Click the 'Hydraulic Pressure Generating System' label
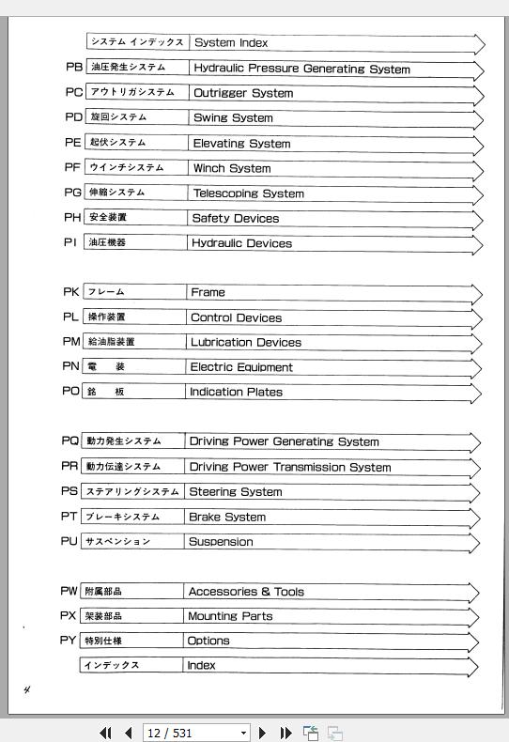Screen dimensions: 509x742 301,69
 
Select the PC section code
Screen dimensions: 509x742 73,92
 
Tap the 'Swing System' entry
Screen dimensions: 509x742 233,118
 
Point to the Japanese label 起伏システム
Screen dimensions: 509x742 117,143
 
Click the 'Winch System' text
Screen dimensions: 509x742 231,168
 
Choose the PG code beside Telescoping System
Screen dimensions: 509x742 73,193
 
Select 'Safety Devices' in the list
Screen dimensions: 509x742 235,218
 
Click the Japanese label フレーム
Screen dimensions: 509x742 106,292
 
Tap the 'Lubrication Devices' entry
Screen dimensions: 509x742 245,342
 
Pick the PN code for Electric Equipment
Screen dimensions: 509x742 70,366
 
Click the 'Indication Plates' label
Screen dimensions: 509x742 236,392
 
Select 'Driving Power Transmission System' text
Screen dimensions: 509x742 289,467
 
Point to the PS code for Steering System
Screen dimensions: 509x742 69,491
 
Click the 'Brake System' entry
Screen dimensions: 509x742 226,517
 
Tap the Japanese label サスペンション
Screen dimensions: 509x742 117,541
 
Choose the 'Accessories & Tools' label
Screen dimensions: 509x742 246,592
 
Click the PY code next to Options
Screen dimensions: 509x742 68,641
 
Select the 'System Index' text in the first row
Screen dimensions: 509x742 230,42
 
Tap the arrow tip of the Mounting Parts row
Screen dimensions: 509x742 478,618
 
